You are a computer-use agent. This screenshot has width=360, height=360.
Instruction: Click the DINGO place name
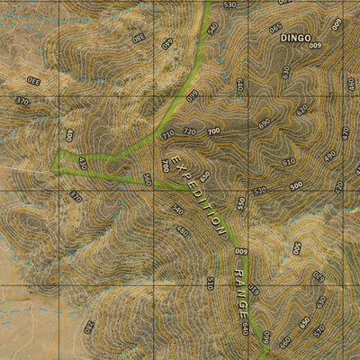pyautogui.click(x=294, y=39)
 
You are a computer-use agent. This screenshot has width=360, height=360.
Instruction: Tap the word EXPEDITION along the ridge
pyautogui.click(x=195, y=192)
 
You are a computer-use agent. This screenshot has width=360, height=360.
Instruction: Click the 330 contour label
pyautogui.click(x=35, y=80)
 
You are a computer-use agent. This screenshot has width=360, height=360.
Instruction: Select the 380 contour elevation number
pyautogui.click(x=138, y=37)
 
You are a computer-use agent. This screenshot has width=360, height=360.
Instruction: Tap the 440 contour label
pyautogui.click(x=166, y=43)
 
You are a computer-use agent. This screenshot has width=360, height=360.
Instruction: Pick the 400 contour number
pyautogui.click(x=68, y=135)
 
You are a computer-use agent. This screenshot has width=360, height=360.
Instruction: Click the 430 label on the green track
pyautogui.click(x=82, y=164)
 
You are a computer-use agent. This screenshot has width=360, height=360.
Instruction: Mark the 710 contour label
pyautogui.click(x=167, y=134)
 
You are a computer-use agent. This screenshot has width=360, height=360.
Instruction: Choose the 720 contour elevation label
pyautogui.click(x=189, y=131)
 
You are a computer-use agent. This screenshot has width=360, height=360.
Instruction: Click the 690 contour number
pyautogui.click(x=265, y=122)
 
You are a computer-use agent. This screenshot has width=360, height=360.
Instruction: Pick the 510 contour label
pyautogui.click(x=210, y=283)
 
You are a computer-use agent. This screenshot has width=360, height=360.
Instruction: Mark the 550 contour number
pyautogui.click(x=241, y=203)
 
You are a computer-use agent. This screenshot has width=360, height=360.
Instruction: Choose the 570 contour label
pyautogui.click(x=319, y=332)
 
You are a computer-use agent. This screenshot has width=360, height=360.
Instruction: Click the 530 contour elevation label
pyautogui.click(x=229, y=5)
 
